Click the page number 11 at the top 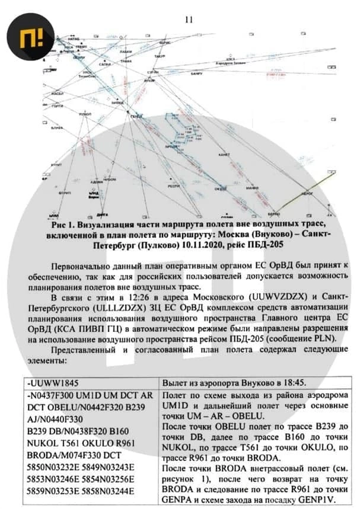tap(189, 20)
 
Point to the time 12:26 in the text tap(132, 297)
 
